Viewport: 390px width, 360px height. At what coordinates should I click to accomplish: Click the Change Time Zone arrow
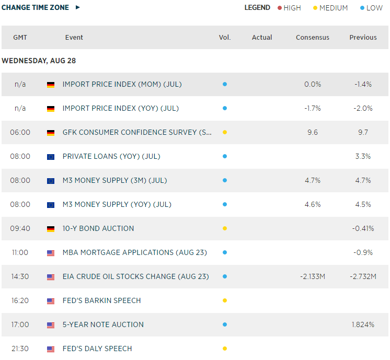78,7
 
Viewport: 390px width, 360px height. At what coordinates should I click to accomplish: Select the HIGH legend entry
289,8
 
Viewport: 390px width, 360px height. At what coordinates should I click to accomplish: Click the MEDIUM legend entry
330,8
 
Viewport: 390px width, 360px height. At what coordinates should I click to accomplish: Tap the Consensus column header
313,38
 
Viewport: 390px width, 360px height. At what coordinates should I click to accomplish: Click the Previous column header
363,38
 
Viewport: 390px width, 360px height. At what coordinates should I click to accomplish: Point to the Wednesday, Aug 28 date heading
39,61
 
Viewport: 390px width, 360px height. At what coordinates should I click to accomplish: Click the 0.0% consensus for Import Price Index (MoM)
313,84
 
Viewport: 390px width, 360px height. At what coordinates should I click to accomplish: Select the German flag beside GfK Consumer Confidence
51,133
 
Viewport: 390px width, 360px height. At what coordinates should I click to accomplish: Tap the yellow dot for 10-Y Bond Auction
225,228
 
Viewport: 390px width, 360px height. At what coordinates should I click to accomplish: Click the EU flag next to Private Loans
51,157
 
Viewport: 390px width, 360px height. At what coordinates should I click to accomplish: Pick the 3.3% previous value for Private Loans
363,156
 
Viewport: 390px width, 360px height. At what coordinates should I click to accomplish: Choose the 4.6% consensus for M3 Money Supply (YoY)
313,204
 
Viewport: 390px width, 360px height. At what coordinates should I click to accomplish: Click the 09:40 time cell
20,228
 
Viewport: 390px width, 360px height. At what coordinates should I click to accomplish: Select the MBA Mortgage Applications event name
135,252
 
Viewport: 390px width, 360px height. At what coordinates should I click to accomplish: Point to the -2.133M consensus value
313,276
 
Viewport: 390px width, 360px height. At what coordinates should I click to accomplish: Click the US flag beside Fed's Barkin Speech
51,301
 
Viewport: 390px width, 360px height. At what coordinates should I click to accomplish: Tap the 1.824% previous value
363,324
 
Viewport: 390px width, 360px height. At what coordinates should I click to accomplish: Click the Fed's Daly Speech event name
97,349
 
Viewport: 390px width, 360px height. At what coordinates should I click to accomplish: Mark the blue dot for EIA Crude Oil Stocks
225,276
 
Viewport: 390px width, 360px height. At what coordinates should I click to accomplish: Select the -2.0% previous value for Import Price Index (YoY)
363,108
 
